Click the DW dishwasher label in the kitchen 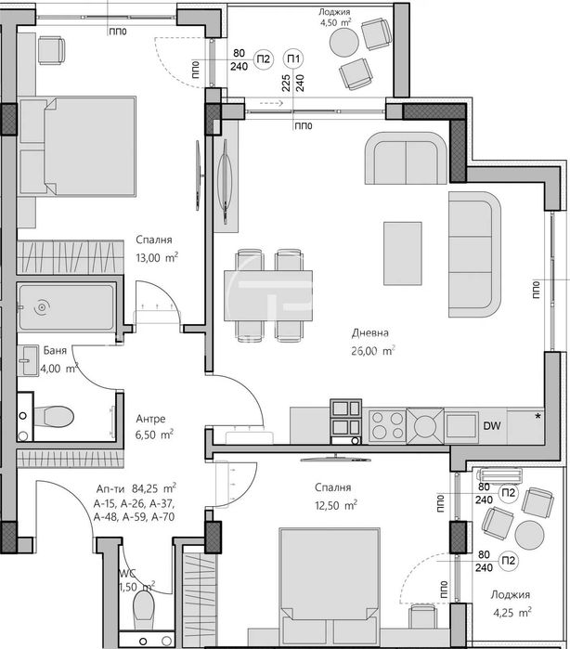point(492,425)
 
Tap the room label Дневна point(370,332)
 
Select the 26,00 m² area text point(373,351)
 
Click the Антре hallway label point(150,419)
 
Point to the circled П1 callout point(293,58)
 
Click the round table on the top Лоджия point(343,42)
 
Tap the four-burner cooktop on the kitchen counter point(387,425)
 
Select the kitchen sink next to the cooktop point(425,425)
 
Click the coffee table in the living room point(402,253)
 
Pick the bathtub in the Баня point(66,306)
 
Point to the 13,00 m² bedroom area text point(157,257)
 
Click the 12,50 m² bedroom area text point(336,505)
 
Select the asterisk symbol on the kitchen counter point(538,416)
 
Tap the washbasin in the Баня point(28,360)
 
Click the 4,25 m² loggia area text point(512,612)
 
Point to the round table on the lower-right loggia point(529,535)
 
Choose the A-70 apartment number point(163,517)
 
